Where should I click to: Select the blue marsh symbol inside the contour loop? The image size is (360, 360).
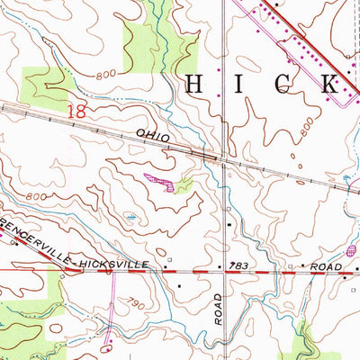(132, 216)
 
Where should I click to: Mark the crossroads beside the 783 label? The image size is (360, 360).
(224, 269)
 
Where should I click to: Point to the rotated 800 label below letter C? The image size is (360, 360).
(310, 128)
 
